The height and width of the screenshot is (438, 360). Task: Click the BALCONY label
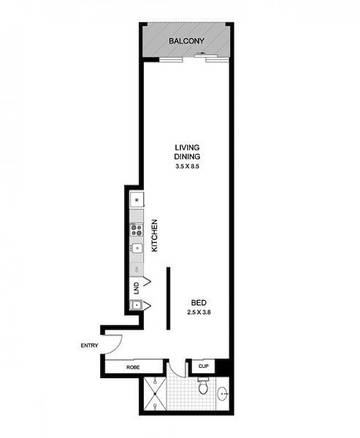pyautogui.click(x=186, y=41)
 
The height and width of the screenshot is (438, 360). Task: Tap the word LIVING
pyautogui.click(x=187, y=147)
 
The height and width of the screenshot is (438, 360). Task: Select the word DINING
pyautogui.click(x=187, y=157)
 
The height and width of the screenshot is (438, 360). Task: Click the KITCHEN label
pyautogui.click(x=154, y=235)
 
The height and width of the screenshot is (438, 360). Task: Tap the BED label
pyautogui.click(x=199, y=303)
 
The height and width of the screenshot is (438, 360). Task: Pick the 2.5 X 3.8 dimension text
pyautogui.click(x=200, y=313)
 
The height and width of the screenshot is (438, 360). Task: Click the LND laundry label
pyautogui.click(x=136, y=288)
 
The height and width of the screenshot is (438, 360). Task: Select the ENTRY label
pyautogui.click(x=89, y=346)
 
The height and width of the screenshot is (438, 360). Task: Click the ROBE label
pyautogui.click(x=133, y=367)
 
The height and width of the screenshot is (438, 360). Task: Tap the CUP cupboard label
pyautogui.click(x=203, y=366)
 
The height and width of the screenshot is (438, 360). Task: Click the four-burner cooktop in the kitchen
pyautogui.click(x=137, y=230)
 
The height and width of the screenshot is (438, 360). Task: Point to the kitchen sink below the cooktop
pyautogui.click(x=137, y=248)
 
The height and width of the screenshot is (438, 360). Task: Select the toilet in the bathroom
pyautogui.click(x=203, y=386)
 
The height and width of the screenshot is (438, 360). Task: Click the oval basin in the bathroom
pyautogui.click(x=223, y=394)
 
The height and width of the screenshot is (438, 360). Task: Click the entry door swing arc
pyautogui.click(x=117, y=347)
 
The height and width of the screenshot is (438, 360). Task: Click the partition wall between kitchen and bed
pyautogui.click(x=169, y=298)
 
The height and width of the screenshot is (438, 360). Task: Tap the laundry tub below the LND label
pyautogui.click(x=136, y=305)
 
